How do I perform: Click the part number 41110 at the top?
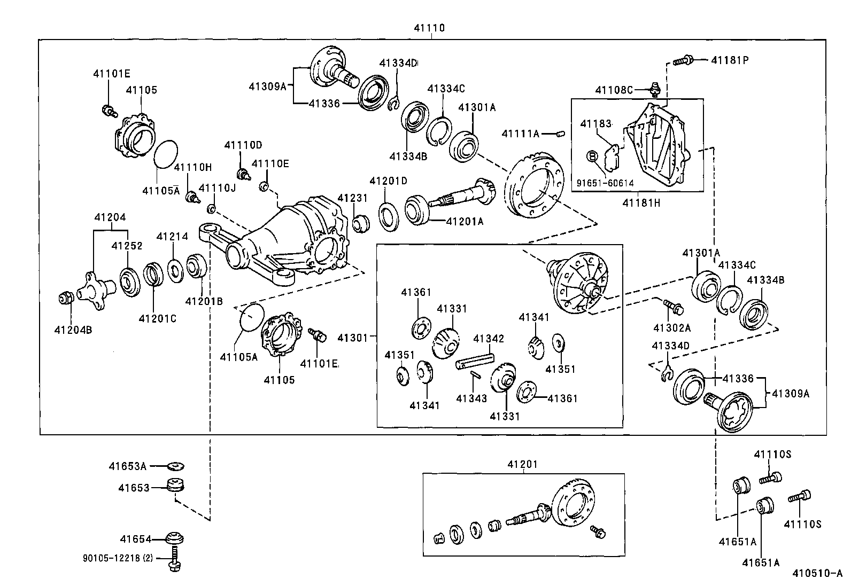click(x=429, y=28)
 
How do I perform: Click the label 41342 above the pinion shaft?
click(x=489, y=339)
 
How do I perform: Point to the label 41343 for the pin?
click(x=471, y=398)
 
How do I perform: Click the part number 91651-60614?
click(x=605, y=183)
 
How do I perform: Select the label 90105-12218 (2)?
click(x=118, y=558)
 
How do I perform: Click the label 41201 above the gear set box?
click(x=523, y=465)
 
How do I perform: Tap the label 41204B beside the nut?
click(x=73, y=330)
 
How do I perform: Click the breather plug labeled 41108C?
click(x=653, y=88)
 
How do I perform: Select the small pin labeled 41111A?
click(x=560, y=133)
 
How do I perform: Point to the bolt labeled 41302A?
click(x=674, y=306)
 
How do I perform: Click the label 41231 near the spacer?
click(x=352, y=198)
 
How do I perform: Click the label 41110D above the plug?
click(x=243, y=145)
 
